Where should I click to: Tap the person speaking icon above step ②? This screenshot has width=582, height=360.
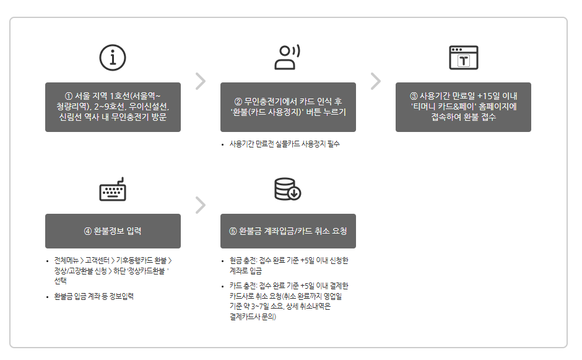coord(287,57)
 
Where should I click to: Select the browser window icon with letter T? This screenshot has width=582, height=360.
coord(463,57)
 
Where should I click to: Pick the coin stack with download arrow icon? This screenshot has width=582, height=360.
coord(287,189)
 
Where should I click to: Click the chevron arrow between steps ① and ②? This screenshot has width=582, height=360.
coord(200,81)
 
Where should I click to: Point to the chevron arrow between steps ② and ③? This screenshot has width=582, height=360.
coord(375,81)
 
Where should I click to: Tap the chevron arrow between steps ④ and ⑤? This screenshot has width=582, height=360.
coord(200,205)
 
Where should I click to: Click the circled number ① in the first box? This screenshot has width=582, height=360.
coord(69,96)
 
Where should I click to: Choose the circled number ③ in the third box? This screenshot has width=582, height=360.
coord(414,96)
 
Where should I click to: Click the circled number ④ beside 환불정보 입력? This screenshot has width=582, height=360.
coord(88,231)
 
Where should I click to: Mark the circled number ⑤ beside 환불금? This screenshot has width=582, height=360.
coord(233,231)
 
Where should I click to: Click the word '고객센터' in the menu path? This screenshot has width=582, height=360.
coord(98,260)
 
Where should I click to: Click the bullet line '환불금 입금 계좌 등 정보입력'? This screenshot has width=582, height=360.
coord(94,296)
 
